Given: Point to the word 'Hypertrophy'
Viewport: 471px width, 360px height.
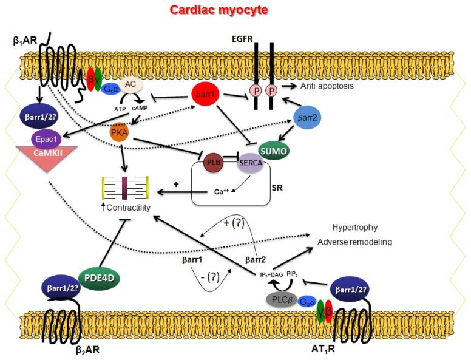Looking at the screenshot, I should pos(354,227).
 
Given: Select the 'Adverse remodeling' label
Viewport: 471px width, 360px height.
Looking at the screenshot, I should pos(354,242).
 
